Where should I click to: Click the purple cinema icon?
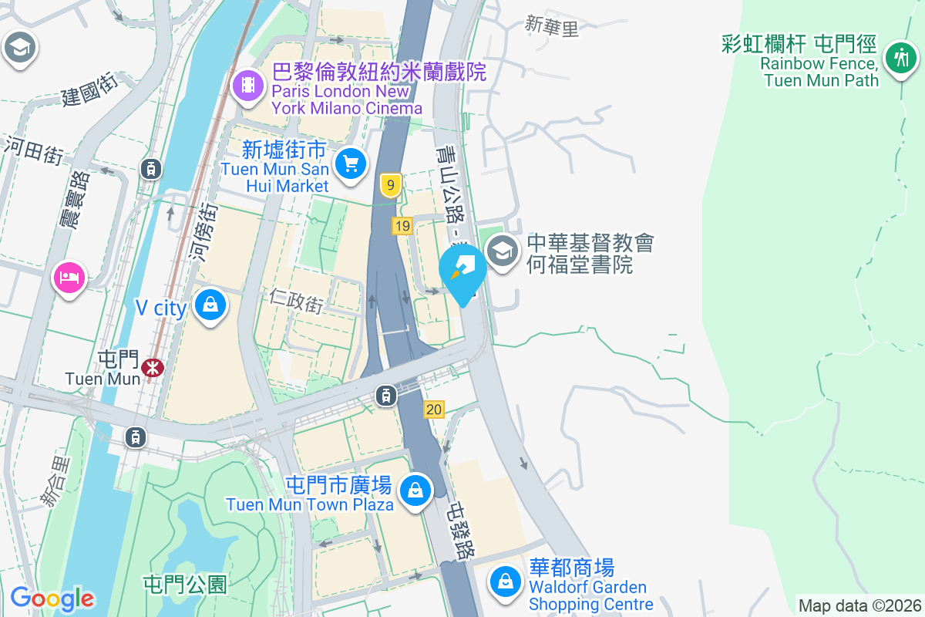click(247, 84)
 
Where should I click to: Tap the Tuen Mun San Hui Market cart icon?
click(351, 164)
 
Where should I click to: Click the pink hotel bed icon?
click(69, 276)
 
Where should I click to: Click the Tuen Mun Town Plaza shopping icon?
click(415, 490)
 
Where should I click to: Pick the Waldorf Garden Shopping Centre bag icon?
click(505, 581)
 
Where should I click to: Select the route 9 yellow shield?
click(392, 185)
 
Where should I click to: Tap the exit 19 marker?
click(402, 226)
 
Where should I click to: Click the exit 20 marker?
click(434, 410)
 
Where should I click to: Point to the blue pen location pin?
click(462, 271)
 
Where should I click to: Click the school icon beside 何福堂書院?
click(503, 251)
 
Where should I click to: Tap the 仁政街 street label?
click(296, 299)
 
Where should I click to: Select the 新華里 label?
click(551, 26)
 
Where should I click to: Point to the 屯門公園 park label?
click(186, 584)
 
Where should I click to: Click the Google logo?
click(52, 598)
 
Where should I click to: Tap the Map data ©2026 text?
click(859, 605)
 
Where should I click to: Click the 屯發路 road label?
click(462, 531)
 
